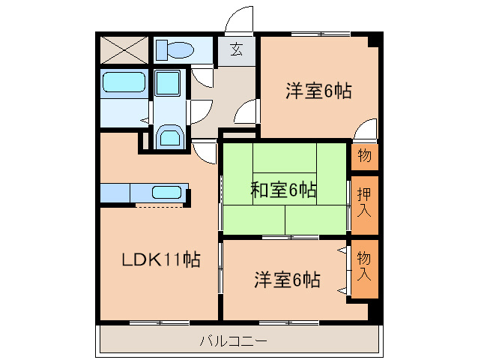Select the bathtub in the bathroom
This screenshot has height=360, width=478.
click(x=124, y=82)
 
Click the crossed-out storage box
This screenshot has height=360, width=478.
click(x=124, y=49)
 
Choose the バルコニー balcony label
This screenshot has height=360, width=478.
click(x=233, y=341)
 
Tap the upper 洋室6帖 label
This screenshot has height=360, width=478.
click(x=318, y=91)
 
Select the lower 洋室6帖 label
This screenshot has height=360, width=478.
click(x=288, y=280)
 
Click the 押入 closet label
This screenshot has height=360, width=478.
click(x=364, y=203)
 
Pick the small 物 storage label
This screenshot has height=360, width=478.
click(x=365, y=157)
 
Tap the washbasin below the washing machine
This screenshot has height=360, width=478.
click(x=170, y=138)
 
